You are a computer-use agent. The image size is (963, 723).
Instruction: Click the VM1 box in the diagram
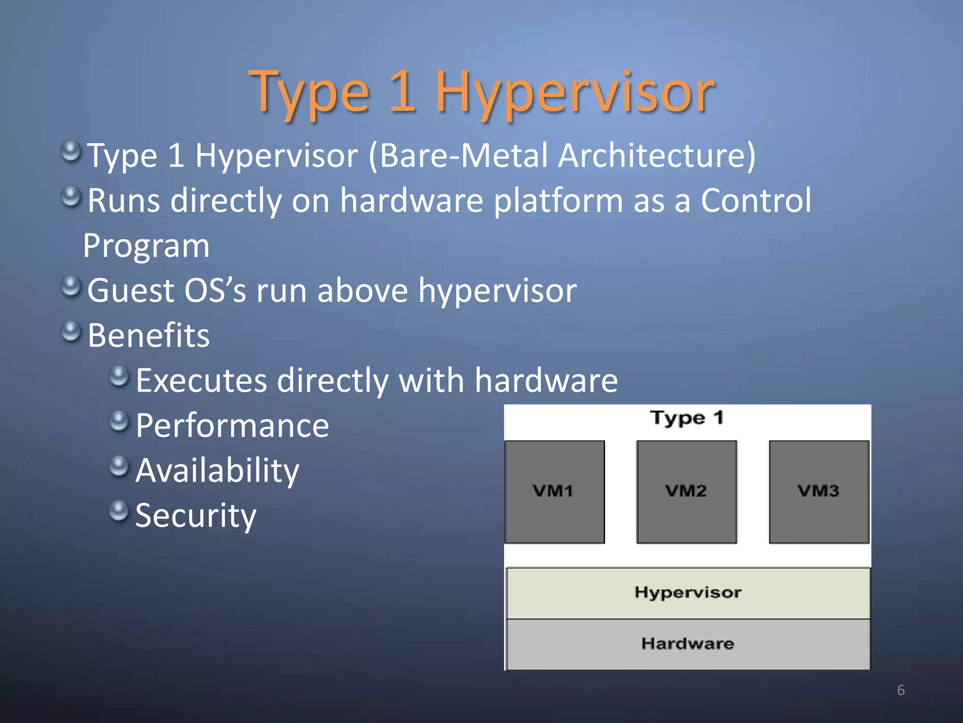pos(554,492)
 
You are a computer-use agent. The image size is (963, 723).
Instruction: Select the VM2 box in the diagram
pos(686,492)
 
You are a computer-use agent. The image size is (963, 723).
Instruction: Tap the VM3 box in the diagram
pos(819,492)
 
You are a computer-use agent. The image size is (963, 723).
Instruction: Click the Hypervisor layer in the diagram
pos(688,593)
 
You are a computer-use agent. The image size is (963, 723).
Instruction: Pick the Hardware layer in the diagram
pos(688,644)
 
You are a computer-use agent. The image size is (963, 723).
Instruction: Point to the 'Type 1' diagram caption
pos(687,418)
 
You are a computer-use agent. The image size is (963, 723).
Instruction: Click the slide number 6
pos(900,690)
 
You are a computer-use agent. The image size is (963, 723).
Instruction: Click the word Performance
pos(232,426)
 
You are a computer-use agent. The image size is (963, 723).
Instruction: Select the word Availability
pos(217,471)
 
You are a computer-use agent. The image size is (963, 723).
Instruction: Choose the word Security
pos(196,515)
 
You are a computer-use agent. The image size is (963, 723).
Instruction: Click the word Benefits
pos(149,336)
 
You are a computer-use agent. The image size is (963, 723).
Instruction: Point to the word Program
pos(146,246)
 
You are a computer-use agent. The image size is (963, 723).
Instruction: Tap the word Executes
pos(201,380)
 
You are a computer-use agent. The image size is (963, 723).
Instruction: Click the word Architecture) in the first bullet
pos(657,156)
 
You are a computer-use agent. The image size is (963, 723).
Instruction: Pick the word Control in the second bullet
pos(756,201)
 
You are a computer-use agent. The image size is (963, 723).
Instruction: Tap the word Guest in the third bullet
pos(130,290)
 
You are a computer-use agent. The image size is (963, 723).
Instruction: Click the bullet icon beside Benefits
pos(71,331)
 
